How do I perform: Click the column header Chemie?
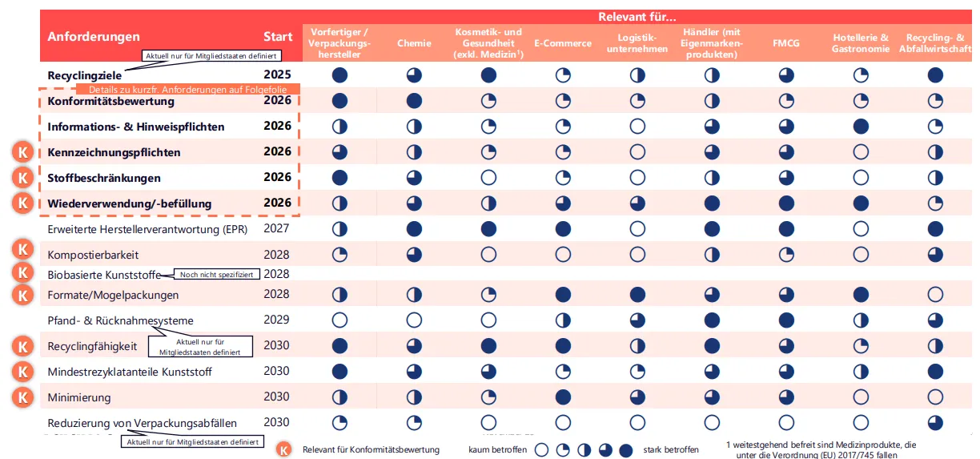(x=414, y=43)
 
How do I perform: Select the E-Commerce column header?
(x=563, y=43)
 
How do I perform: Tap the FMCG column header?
(x=786, y=43)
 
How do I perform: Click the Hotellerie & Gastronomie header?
(x=861, y=43)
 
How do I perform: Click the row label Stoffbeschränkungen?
(x=104, y=178)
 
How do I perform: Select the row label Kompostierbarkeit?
(x=93, y=255)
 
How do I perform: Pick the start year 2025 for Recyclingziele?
(x=277, y=75)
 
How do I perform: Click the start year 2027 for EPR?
(x=276, y=228)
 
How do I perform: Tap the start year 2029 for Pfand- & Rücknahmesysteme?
(x=276, y=320)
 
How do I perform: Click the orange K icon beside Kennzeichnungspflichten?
(x=24, y=152)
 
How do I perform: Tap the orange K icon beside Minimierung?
(x=24, y=397)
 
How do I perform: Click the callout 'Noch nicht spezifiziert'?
(x=216, y=274)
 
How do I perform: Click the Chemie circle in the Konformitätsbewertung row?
(x=414, y=101)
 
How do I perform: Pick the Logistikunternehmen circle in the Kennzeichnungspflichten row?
(x=637, y=152)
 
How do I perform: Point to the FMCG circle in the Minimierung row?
(x=786, y=397)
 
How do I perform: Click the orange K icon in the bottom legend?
(x=283, y=449)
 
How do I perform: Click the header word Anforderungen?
(x=94, y=36)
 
